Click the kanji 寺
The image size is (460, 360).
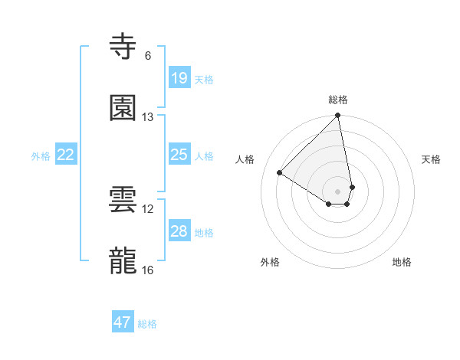pyautogui.click(x=123, y=47)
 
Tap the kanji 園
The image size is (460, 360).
pyautogui.click(x=123, y=108)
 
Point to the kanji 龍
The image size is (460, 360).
pyautogui.click(x=123, y=261)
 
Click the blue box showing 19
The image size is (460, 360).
pyautogui.click(x=179, y=78)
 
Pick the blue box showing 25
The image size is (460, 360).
pyautogui.click(x=179, y=155)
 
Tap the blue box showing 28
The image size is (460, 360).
pyautogui.click(x=179, y=231)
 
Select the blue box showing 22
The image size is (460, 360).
pyautogui.click(x=66, y=155)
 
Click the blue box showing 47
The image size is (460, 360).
pyautogui.click(x=123, y=322)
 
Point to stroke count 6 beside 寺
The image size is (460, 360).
pyautogui.click(x=148, y=55)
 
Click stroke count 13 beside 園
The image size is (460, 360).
pyautogui.click(x=148, y=116)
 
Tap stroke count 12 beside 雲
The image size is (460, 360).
pyautogui.click(x=148, y=208)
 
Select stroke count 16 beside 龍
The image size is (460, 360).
pyautogui.click(x=148, y=270)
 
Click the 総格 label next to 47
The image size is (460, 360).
pyautogui.click(x=147, y=324)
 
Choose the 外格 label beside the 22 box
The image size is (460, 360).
pyautogui.click(x=41, y=156)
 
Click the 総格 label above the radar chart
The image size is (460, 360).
pyautogui.click(x=338, y=100)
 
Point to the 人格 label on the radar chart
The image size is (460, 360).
pyautogui.click(x=245, y=159)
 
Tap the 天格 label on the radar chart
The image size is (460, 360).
pyautogui.click(x=431, y=159)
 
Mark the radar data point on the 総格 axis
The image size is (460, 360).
pyautogui.click(x=338, y=116)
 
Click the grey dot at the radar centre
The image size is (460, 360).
pyautogui.click(x=338, y=191)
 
